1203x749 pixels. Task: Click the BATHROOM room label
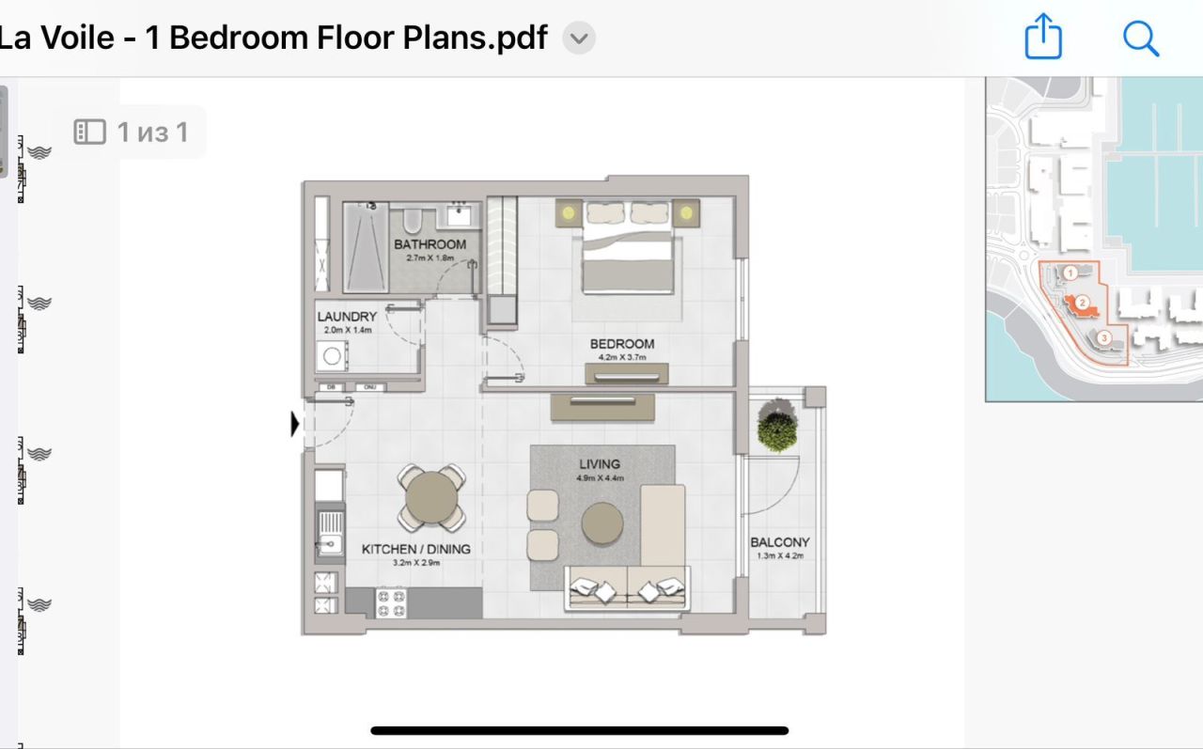pos(430,244)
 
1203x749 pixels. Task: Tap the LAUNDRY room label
pos(347,317)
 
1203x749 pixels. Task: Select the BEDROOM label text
pos(621,344)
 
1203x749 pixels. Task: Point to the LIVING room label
pos(599,464)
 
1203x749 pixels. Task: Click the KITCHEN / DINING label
pos(415,549)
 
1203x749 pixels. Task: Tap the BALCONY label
pos(779,542)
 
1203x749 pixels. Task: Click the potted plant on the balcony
pos(777,426)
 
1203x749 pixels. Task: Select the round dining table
pos(432,497)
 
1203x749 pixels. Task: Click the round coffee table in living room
pos(601,523)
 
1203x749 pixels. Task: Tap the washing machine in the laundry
pos(332,356)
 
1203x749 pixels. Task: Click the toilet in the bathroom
pos(412,221)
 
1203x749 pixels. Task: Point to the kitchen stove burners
pos(391,602)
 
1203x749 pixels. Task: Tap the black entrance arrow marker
pos(295,425)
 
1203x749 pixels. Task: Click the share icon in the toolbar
pos(1042,39)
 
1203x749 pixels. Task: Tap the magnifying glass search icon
pos(1140,39)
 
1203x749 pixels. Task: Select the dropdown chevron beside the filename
pos(579,39)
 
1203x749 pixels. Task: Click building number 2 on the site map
pos(1083,303)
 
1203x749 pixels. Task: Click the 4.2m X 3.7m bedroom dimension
pos(621,357)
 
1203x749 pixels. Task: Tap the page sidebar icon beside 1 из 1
pos(89,132)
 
